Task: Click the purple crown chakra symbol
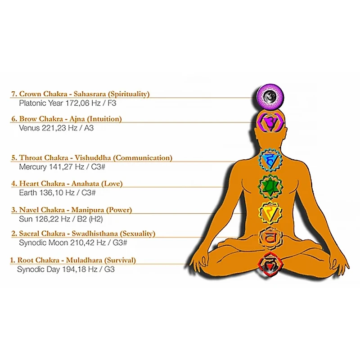pos(268,96)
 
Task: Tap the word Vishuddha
pos(93,158)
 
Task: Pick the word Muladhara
pos(84,260)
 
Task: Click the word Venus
pos(30,128)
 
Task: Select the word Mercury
pos(33,166)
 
